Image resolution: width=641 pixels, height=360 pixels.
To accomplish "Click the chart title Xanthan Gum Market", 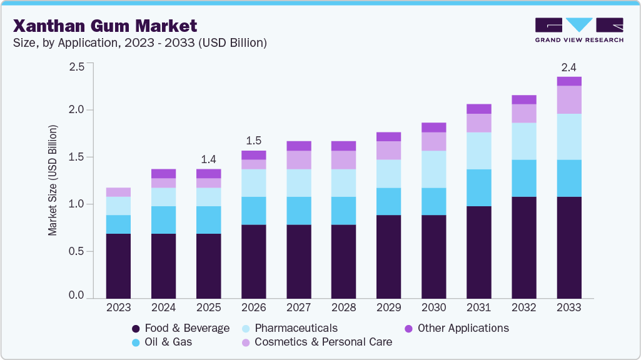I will [x=105, y=26].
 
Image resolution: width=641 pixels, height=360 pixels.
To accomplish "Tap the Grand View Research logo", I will [x=579, y=30].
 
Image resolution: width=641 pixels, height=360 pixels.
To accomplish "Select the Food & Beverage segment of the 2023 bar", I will [x=118, y=266].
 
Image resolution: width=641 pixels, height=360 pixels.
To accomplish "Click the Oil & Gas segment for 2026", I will [x=253, y=211].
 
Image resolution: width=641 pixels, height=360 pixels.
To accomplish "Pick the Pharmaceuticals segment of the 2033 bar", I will [x=569, y=136].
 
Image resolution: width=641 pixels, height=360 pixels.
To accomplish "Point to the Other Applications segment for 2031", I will [x=479, y=109].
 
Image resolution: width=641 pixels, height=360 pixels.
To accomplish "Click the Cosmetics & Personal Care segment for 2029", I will [x=388, y=151].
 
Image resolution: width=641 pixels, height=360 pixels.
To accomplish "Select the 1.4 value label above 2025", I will [x=208, y=158].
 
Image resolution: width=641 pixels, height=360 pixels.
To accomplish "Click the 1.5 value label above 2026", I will [x=253, y=139].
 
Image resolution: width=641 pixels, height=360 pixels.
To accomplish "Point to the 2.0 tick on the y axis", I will [x=77, y=110].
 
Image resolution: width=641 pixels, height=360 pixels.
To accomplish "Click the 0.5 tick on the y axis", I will [x=77, y=251].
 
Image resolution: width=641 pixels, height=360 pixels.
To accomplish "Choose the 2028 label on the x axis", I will [x=343, y=307].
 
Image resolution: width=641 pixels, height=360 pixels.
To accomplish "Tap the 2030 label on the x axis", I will [x=433, y=307].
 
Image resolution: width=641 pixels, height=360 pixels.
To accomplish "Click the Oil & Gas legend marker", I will [x=136, y=342].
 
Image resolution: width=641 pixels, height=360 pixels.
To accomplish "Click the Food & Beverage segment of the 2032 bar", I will [x=524, y=247].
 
